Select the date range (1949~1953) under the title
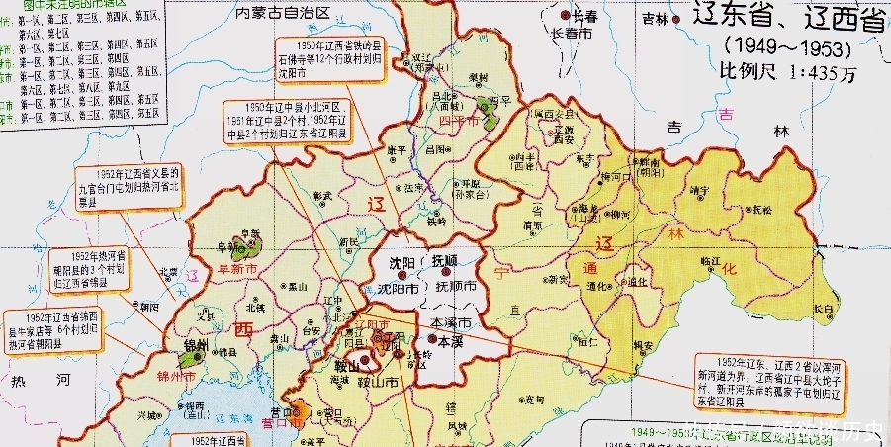786,46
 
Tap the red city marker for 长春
567,16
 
